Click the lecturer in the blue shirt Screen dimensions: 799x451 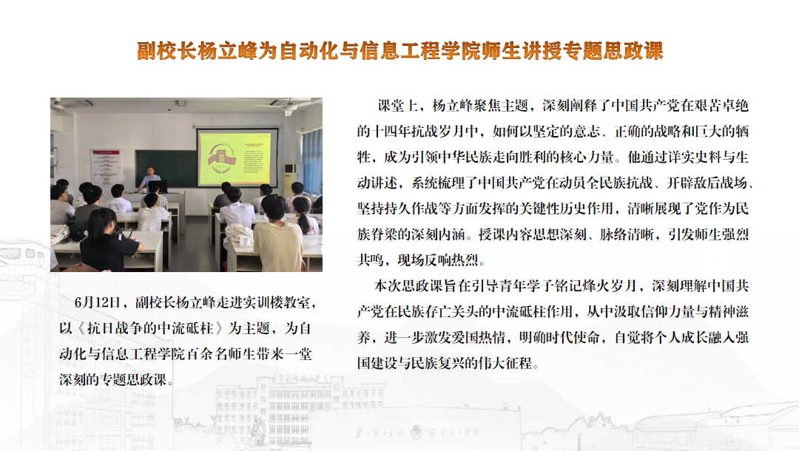click(149, 177)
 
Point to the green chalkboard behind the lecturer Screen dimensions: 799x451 click(166, 168)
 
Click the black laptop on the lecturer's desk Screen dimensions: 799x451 click(158, 186)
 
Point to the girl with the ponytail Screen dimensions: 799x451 click(305, 217)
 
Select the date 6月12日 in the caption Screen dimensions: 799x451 click(98, 302)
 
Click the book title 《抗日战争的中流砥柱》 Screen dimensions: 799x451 click(149, 328)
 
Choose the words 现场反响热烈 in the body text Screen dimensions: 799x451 click(438, 260)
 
